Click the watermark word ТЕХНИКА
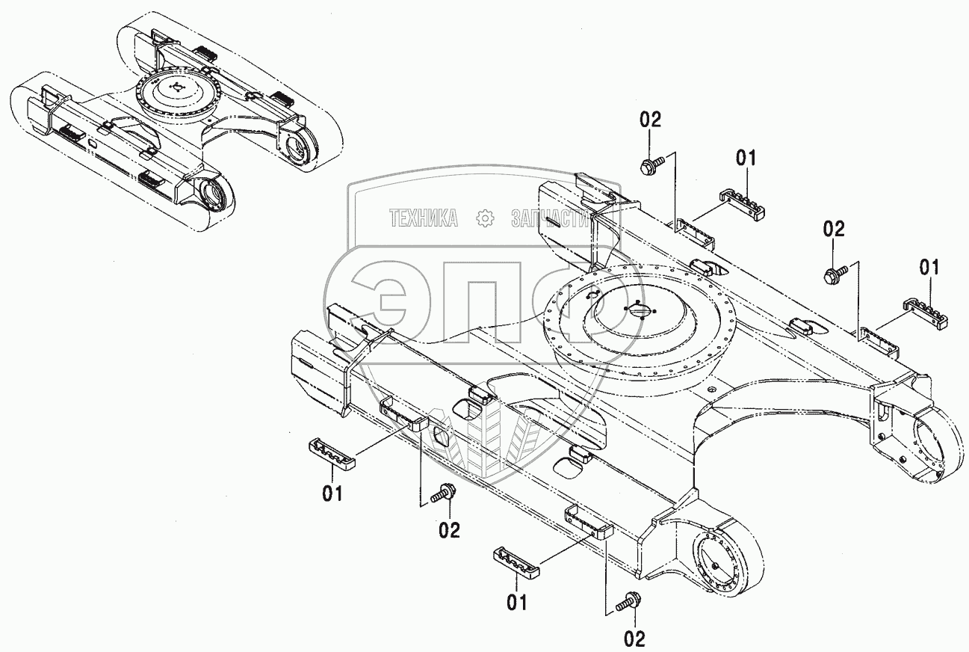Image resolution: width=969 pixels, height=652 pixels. click(424, 218)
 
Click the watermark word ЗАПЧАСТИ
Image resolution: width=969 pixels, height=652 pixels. click(551, 218)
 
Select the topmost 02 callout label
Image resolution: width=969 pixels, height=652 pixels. click(650, 120)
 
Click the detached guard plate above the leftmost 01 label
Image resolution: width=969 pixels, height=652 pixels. click(332, 453)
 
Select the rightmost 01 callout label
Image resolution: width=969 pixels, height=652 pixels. click(930, 267)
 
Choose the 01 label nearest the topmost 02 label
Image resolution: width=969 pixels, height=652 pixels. click(746, 158)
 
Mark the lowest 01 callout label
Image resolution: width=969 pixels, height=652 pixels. click(517, 601)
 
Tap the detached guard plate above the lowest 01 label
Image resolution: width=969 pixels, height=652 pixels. click(516, 561)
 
